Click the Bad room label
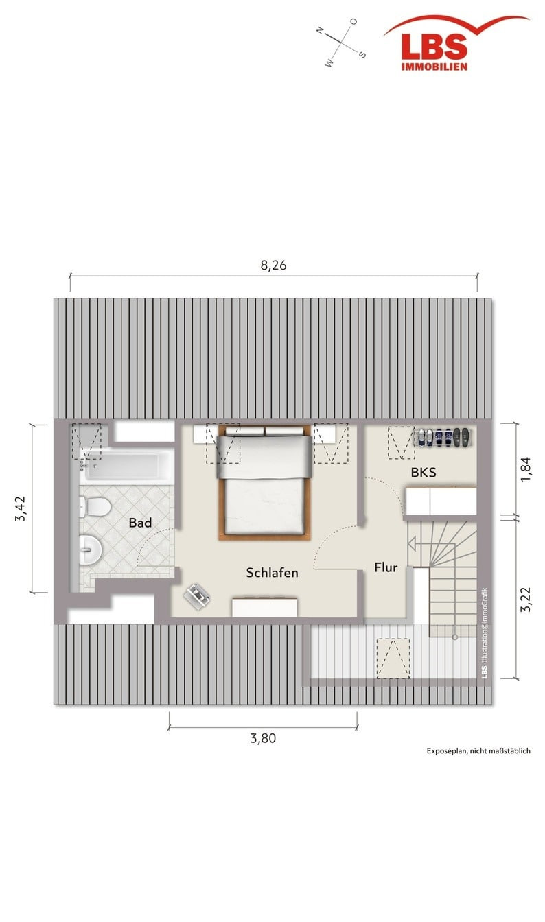tap(140, 523)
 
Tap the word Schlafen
tap(272, 573)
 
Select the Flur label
tap(386, 567)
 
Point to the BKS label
tap(423, 473)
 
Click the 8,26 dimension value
tap(273, 265)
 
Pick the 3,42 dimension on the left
tap(20, 509)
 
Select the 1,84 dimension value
tap(526, 469)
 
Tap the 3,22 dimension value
tap(526, 600)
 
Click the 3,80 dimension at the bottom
tap(263, 738)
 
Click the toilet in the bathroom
tap(95, 507)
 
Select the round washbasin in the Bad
tap(90, 549)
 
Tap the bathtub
tap(127, 466)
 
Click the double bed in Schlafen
tap(264, 482)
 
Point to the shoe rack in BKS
tap(443, 437)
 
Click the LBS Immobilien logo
tap(456, 43)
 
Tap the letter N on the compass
tap(320, 30)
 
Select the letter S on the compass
tap(362, 54)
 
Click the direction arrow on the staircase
tap(431, 544)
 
